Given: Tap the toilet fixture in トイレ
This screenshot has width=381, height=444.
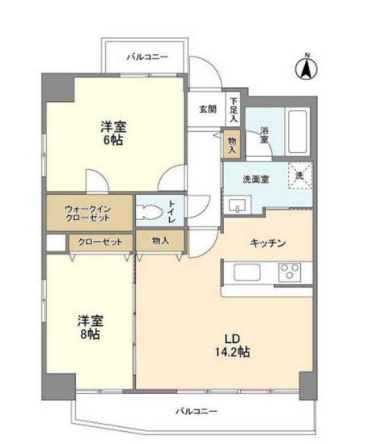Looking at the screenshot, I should tap(151, 213).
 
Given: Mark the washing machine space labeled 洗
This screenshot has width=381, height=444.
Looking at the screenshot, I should tap(299, 175).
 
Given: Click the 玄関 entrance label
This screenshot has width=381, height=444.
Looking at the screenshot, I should tap(208, 108).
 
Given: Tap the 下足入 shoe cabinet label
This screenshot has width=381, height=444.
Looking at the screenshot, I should tap(232, 105).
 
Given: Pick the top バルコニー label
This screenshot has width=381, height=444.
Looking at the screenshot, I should tap(146, 57).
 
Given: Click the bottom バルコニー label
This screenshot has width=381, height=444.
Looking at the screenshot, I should tap(197, 412).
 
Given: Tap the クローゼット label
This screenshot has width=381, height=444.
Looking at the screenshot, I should tap(99, 241).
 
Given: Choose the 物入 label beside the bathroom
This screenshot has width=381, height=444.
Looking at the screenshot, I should tap(232, 144).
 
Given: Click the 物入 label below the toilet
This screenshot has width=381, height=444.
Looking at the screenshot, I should tap(160, 241).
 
